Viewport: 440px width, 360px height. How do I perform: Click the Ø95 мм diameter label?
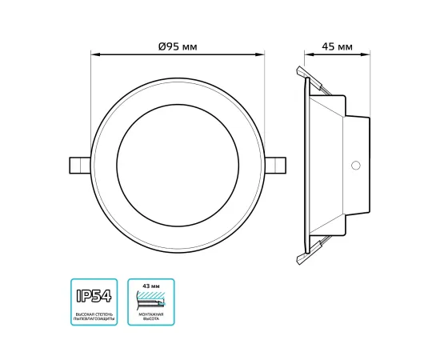point(178,46)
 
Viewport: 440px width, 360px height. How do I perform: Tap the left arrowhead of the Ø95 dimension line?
point(93,55)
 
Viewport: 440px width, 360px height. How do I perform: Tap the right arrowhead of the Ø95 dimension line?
point(262,55)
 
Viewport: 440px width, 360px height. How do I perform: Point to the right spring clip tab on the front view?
point(277,164)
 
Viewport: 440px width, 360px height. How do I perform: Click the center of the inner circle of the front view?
point(177,164)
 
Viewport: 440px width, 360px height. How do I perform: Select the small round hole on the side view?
point(356,166)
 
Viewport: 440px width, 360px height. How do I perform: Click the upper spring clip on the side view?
point(310,78)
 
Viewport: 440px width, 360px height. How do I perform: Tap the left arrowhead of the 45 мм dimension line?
point(306,55)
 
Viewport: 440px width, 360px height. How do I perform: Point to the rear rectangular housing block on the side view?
point(356,164)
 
